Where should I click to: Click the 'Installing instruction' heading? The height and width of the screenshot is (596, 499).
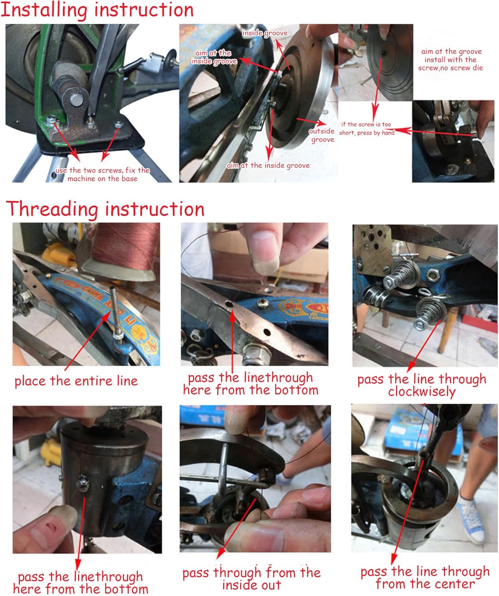coord(97,10)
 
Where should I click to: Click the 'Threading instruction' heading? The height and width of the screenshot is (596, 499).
coord(105,209)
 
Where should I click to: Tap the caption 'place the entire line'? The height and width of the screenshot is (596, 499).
coord(76,381)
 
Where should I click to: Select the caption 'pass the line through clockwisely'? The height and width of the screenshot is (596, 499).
coord(421,385)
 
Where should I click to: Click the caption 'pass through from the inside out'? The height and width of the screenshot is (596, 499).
coord(251,579)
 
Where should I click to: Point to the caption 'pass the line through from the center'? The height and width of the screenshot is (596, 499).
coord(425,577)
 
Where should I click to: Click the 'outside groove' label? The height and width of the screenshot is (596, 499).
coord(322,135)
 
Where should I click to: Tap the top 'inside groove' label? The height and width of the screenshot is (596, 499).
coord(265,33)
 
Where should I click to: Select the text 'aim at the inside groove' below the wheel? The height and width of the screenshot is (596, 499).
coord(268,165)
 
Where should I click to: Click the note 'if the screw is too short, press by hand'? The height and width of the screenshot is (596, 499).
coord(366,129)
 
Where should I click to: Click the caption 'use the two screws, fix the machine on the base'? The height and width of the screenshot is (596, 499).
coord(102,174)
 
